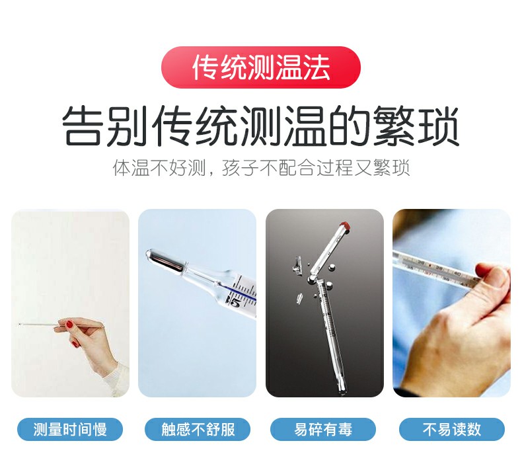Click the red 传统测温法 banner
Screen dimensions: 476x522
[261, 67]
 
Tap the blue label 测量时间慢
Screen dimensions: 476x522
[70, 430]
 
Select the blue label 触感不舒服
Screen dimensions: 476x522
[198, 430]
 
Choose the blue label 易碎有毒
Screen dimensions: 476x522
[323, 430]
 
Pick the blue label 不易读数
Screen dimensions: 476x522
[452, 430]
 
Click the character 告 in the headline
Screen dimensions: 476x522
[83, 127]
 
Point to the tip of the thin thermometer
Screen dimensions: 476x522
[20, 324]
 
